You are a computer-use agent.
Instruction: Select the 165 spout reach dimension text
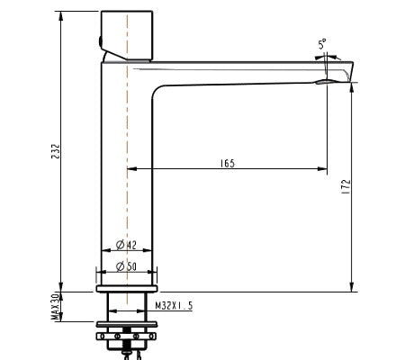coord(228,163)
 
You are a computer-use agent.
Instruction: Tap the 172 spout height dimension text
coord(346,187)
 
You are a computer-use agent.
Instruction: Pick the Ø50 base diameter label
coord(126,265)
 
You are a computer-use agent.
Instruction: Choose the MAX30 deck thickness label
coord(55,305)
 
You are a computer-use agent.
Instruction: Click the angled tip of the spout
coord(348,70)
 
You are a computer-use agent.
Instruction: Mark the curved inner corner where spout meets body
coord(160,92)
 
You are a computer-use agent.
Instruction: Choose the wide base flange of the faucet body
coord(127,289)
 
